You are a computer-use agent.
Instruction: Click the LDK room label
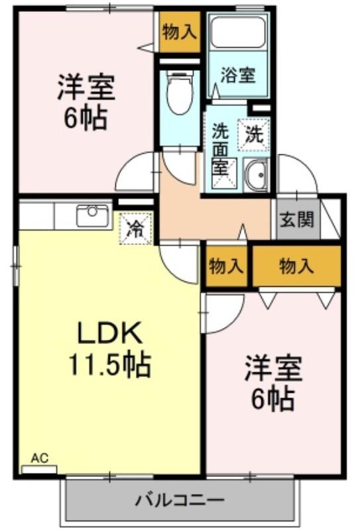[x=109, y=333]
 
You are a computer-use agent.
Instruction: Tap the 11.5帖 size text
[x=109, y=364]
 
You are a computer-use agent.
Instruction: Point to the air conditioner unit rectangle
[x=39, y=470]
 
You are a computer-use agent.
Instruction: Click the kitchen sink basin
[x=93, y=215]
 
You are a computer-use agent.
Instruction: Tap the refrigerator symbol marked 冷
[x=136, y=228]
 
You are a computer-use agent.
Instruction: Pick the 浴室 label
[x=238, y=75]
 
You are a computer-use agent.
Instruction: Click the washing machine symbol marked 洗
[x=253, y=134]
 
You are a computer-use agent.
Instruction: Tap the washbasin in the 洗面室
[x=257, y=175]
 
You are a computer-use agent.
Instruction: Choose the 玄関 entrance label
[x=297, y=220]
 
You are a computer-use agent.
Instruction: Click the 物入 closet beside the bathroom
[x=179, y=32]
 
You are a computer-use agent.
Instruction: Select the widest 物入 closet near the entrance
[x=296, y=266]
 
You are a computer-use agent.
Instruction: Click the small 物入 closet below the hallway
[x=226, y=266]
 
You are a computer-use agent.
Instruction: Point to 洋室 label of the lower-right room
[x=273, y=368]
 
